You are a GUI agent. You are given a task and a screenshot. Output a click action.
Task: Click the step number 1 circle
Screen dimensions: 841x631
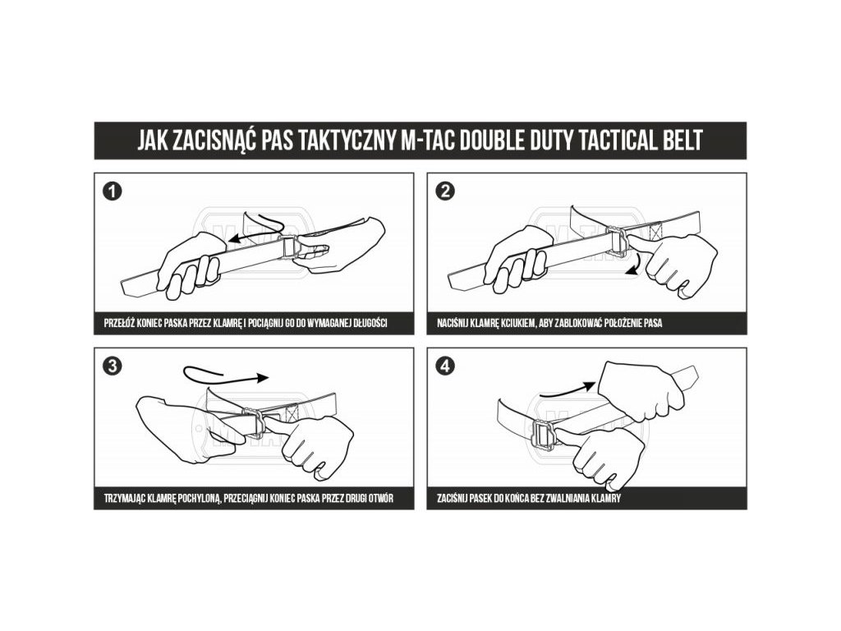pos(112,191)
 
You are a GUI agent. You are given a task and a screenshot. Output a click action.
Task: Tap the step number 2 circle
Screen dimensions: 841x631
pos(444,191)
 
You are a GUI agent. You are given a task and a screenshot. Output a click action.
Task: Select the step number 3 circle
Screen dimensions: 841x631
pos(112,366)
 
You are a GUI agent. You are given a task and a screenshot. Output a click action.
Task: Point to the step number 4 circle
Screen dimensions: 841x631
pos(444,366)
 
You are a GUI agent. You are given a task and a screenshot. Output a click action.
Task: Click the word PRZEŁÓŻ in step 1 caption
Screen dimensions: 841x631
pos(118,323)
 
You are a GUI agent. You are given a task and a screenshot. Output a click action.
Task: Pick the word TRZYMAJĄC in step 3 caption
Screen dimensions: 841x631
pos(122,499)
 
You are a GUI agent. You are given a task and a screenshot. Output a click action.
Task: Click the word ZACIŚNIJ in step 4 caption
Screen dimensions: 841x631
pos(453,499)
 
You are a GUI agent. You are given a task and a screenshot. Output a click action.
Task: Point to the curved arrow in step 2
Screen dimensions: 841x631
pos(635,265)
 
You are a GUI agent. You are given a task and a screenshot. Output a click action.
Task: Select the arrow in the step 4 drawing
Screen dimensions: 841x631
pos(568,389)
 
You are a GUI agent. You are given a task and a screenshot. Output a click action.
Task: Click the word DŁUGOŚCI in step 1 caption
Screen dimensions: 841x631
pos(370,323)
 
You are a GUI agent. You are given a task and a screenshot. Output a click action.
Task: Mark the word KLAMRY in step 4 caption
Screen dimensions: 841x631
pos(608,499)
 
